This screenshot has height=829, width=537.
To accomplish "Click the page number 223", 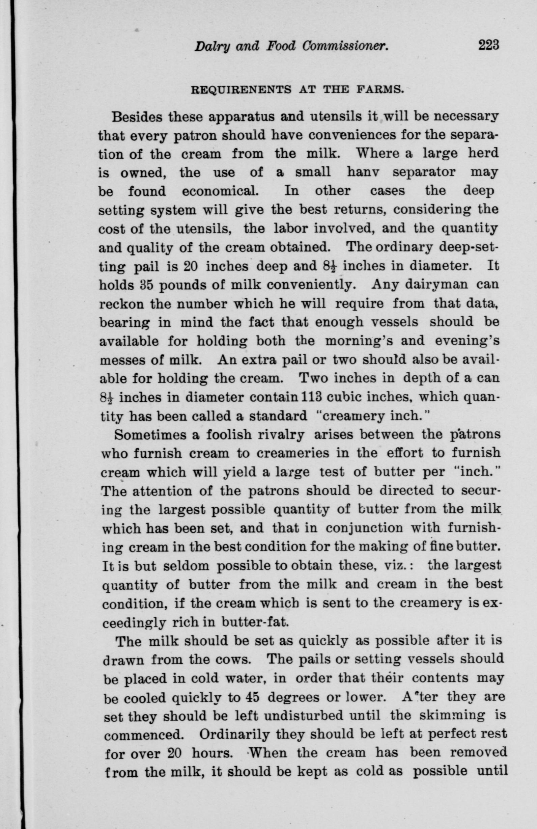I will (x=489, y=45).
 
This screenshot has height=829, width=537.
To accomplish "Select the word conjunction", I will (x=364, y=528).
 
